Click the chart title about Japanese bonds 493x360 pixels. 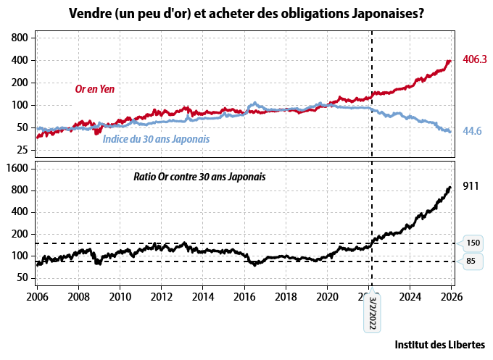click(246, 13)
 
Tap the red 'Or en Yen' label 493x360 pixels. click(95, 89)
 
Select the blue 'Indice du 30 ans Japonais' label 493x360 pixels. click(156, 138)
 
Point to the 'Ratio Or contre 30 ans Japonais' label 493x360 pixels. click(199, 176)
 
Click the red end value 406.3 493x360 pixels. click(474, 59)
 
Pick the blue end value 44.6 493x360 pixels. click(472, 131)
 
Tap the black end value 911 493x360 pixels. click(471, 186)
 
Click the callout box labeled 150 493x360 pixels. click(472, 243)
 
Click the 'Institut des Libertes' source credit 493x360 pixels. click(440, 344)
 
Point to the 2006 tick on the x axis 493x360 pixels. click(37, 296)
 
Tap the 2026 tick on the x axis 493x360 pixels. click(452, 296)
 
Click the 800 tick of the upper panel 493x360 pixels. click(20, 38)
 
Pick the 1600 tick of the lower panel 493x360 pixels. click(18, 168)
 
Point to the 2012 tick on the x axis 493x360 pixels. click(162, 296)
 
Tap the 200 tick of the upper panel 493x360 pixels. click(20, 83)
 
